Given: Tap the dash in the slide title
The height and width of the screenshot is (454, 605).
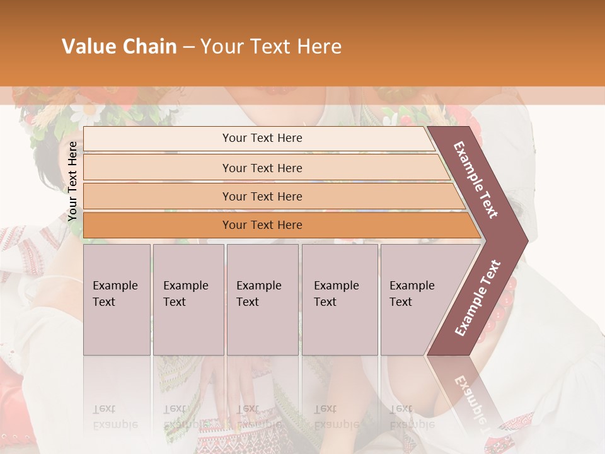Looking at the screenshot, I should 188,47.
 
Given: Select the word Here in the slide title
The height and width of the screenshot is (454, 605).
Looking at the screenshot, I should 319,47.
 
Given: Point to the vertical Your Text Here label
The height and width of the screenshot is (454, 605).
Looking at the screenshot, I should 73,181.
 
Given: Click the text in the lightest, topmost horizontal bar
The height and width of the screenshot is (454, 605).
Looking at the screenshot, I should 262,138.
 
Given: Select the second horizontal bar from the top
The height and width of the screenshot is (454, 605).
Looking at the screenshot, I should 262,168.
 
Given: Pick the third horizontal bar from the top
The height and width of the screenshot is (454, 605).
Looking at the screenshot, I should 262,196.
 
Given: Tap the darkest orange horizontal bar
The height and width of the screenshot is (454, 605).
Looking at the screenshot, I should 262,225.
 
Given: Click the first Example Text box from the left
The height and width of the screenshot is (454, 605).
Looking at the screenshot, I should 117,300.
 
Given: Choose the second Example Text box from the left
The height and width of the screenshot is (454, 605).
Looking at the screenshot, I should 188,300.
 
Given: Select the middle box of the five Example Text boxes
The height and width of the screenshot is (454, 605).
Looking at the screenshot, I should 262,300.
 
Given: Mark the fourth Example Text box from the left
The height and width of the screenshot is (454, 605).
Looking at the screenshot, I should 340,300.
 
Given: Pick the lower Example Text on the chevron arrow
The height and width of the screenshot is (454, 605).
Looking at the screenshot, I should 477,298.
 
